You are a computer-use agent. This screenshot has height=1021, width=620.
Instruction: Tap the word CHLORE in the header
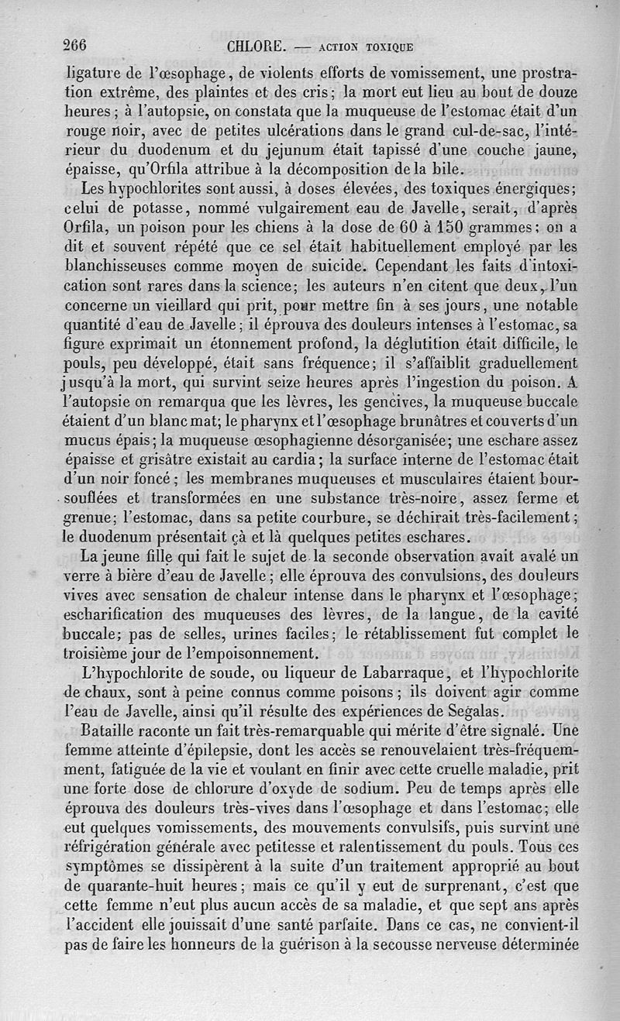[257, 46]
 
